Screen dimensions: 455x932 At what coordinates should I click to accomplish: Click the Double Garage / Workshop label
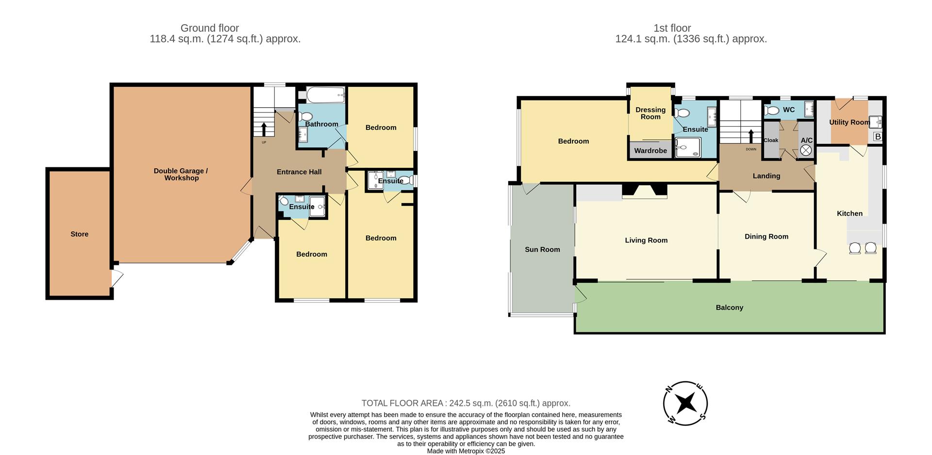tap(181, 174)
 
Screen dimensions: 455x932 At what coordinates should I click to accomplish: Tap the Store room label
tap(80, 234)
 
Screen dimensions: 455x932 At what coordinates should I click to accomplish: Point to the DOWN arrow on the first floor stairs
tap(751, 136)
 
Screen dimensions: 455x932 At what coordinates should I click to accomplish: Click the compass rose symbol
tap(685, 403)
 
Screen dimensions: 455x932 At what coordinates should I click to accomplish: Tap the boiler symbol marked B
tap(877, 137)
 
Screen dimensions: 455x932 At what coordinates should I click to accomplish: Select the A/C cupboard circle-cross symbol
tap(806, 150)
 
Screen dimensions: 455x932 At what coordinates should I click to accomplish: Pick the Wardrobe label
tap(650, 151)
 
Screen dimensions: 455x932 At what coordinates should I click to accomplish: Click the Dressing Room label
tap(650, 113)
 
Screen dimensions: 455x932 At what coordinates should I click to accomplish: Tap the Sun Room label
tap(542, 249)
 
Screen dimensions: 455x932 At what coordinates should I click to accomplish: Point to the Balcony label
tap(729, 308)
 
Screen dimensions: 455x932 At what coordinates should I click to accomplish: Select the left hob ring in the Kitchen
tap(855, 248)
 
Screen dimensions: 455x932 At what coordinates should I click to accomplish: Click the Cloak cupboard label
tap(771, 140)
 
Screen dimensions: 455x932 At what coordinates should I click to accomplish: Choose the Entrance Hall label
tap(299, 172)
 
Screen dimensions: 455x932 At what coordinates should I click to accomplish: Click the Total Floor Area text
tap(466, 403)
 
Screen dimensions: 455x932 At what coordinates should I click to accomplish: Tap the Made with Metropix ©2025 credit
tap(466, 451)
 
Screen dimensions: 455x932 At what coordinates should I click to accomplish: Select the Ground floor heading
tap(210, 28)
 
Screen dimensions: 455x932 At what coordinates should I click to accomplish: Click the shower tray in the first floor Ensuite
tap(688, 147)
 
